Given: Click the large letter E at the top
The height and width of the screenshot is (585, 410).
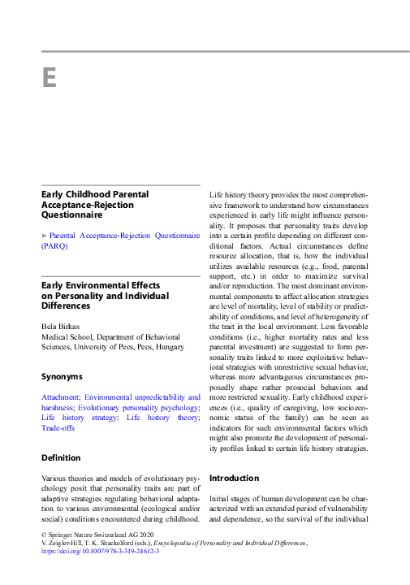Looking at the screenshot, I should click(49, 77).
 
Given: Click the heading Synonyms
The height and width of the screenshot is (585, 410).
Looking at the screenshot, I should click(62, 377).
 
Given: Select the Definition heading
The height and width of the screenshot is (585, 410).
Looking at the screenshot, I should click(61, 458).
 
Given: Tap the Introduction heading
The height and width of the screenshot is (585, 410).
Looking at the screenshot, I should click(235, 478).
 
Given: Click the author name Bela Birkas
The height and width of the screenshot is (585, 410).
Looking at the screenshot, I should click(62, 327).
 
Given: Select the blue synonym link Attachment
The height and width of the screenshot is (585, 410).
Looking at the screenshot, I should click(59, 396).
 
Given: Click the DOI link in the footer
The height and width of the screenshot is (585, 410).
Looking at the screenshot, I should click(99, 551).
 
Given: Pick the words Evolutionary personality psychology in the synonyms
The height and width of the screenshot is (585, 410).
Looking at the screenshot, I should click(154, 407).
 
